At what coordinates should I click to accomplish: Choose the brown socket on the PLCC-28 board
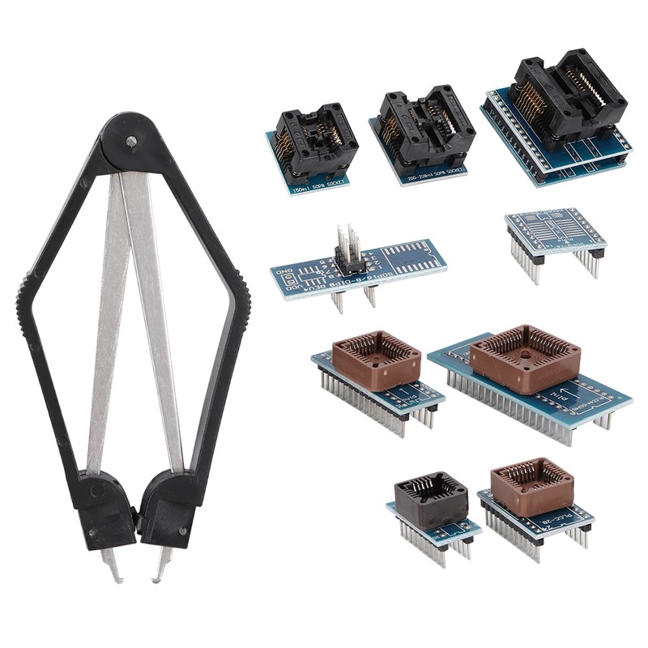tap(531, 485)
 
